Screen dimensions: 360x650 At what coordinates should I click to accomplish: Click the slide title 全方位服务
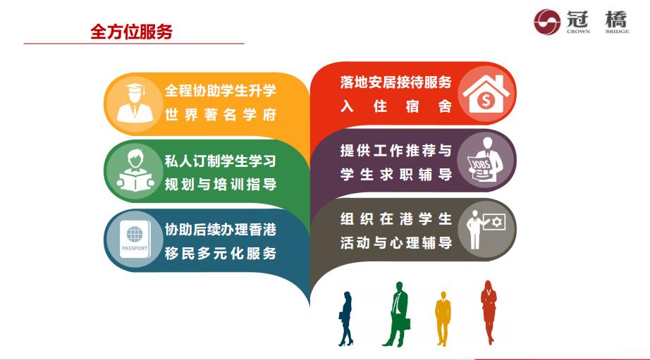click(x=131, y=32)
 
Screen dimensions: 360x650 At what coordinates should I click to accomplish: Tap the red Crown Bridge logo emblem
click(x=547, y=21)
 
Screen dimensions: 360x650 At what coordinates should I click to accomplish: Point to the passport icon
click(x=134, y=240)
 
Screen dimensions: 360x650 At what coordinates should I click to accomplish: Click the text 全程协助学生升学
click(x=220, y=92)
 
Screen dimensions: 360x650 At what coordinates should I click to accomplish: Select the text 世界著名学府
click(x=220, y=116)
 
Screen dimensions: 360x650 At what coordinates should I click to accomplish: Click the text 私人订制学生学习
click(x=220, y=161)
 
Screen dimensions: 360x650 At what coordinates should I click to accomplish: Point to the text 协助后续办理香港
click(x=220, y=230)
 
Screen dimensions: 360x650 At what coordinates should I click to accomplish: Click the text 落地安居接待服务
click(x=395, y=82)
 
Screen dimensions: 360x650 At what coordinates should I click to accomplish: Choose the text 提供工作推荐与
click(x=395, y=151)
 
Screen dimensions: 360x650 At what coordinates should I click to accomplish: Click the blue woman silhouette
click(x=345, y=318)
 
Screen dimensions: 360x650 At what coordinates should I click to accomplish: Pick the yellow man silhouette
click(x=443, y=317)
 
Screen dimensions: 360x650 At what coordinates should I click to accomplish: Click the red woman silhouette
click(x=488, y=311)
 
